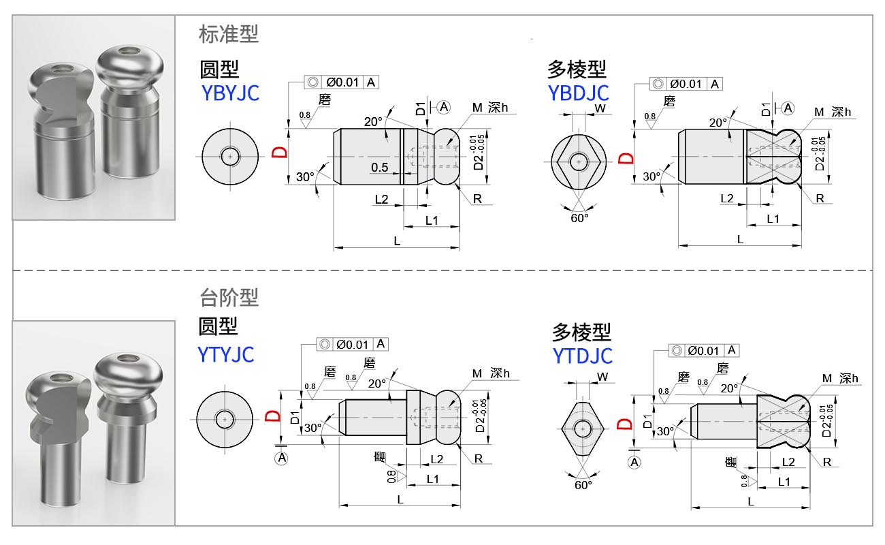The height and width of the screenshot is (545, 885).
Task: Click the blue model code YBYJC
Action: tap(230, 92)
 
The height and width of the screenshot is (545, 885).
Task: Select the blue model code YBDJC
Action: tap(579, 92)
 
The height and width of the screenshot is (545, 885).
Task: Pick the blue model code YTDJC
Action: tap(582, 355)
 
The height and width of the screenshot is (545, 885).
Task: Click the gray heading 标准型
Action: tap(229, 34)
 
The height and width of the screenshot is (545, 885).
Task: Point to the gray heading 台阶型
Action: tap(229, 297)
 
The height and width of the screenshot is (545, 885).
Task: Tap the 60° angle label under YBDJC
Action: tap(579, 217)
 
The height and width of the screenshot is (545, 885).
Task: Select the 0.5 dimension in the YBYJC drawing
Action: tap(380, 167)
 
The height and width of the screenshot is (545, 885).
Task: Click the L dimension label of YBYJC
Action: tap(397, 241)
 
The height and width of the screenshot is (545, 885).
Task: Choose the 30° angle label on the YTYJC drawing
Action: tap(312, 428)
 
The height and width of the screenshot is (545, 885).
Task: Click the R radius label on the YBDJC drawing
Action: tap(820, 198)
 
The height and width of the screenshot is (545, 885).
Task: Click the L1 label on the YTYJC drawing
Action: tap(432, 479)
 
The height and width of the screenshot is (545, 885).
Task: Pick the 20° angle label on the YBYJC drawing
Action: tap(373, 122)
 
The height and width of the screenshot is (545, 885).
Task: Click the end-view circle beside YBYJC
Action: tap(231, 157)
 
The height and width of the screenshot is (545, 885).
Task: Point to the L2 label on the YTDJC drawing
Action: tap(788, 461)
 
